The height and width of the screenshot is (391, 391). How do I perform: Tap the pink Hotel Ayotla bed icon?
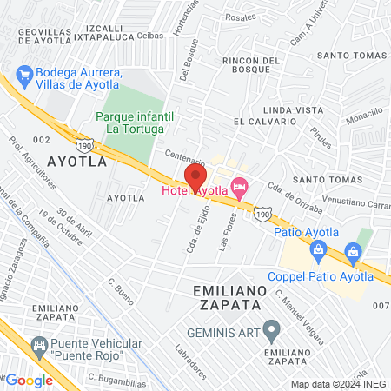tap(241, 186)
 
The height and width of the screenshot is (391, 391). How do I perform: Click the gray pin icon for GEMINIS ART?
tap(272, 328)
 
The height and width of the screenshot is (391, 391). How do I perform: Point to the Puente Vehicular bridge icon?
tap(38, 346)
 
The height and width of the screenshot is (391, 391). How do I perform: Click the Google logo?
tap(30, 380)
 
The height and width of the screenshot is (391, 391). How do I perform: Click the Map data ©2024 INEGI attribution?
tap(340, 383)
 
